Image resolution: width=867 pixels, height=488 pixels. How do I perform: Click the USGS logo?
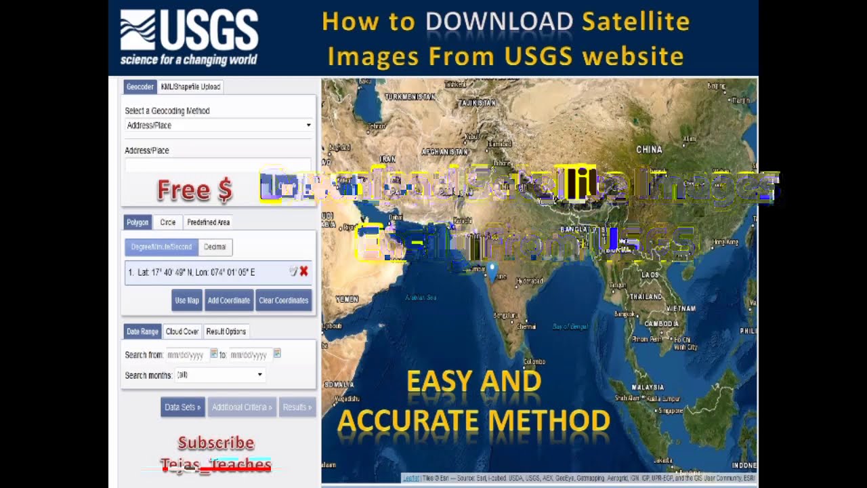pyautogui.click(x=189, y=37)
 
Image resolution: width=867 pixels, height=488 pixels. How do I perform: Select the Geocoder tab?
pyautogui.click(x=140, y=87)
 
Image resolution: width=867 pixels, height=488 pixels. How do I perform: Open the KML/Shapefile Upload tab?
pyautogui.click(x=190, y=87)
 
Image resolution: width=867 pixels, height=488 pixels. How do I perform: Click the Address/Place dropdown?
pyautogui.click(x=218, y=125)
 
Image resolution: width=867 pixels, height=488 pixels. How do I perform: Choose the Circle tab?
pyautogui.click(x=167, y=222)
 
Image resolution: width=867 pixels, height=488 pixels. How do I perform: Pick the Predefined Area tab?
pyautogui.click(x=208, y=222)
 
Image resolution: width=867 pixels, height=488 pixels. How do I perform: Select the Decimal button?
pyautogui.click(x=215, y=247)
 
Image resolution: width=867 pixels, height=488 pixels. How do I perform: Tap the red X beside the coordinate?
pyautogui.click(x=303, y=271)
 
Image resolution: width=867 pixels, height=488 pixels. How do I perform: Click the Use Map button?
pyautogui.click(x=187, y=300)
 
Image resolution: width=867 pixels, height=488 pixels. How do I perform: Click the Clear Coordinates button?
pyautogui.click(x=283, y=300)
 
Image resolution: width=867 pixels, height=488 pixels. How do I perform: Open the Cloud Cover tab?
pyautogui.click(x=182, y=331)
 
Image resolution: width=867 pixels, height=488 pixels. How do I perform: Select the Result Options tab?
pyautogui.click(x=226, y=331)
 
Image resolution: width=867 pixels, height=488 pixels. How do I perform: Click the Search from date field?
pyautogui.click(x=186, y=354)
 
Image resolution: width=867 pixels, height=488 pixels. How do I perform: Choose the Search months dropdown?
pyautogui.click(x=219, y=375)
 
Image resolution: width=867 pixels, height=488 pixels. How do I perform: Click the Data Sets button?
pyautogui.click(x=182, y=407)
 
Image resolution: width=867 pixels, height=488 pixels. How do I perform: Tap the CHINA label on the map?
pyautogui.click(x=649, y=149)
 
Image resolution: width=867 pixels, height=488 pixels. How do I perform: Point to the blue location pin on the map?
pyautogui.click(x=492, y=270)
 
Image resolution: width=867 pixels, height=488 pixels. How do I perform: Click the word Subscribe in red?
pyautogui.click(x=216, y=443)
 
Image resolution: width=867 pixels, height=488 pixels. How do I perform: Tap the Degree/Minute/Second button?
pyautogui.click(x=161, y=247)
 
